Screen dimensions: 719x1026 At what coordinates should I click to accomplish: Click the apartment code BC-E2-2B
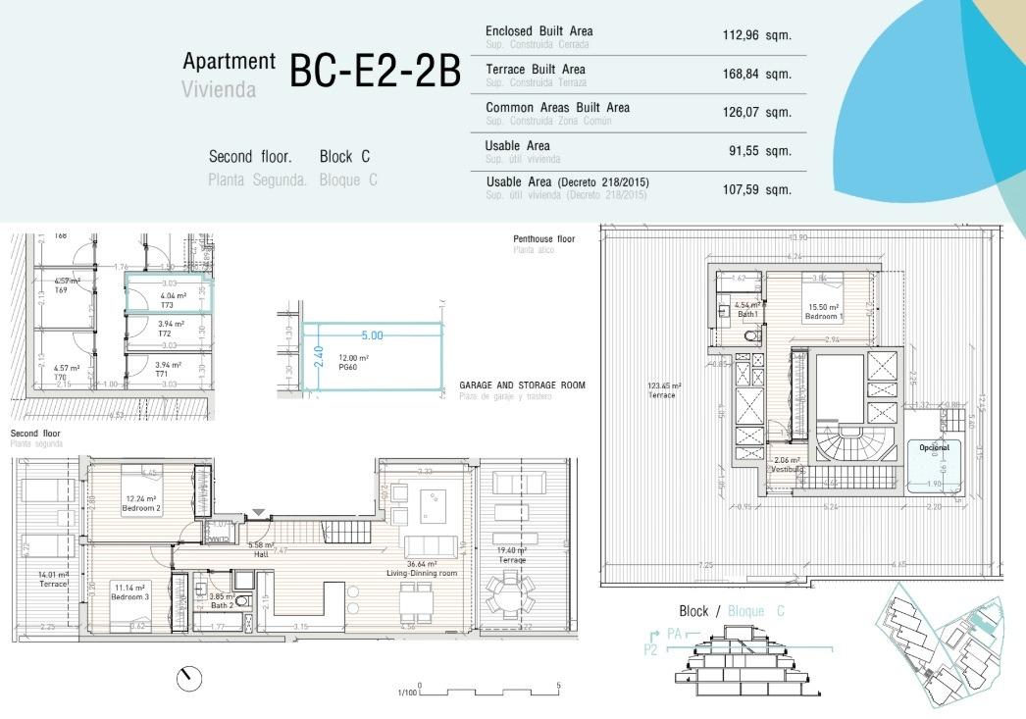coord(375,73)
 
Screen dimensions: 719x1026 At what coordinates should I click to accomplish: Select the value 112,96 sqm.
coord(756,35)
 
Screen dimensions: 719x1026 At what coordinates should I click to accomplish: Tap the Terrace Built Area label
coord(536,70)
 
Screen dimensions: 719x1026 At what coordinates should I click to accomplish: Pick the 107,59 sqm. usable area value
coord(756,188)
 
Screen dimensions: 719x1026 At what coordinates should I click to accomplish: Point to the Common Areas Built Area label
coord(557,108)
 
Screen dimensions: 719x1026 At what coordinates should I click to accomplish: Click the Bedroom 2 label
coord(142,509)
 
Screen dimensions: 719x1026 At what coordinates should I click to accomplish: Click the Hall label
coord(260,552)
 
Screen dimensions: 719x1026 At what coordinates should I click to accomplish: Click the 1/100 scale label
coord(406,693)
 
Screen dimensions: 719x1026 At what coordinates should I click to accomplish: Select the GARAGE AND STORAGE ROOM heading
coord(522,385)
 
